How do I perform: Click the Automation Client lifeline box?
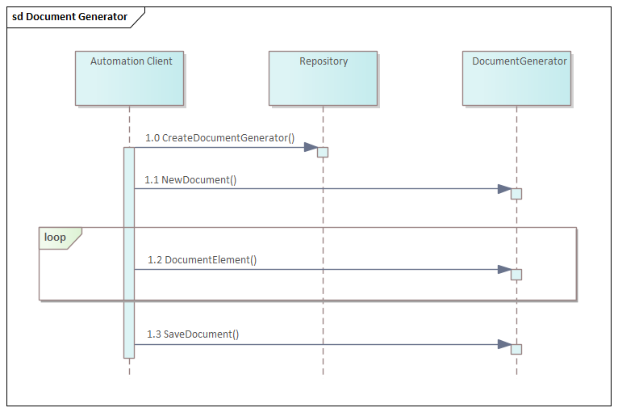(129, 78)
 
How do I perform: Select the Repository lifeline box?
(323, 78)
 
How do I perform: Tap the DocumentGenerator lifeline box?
(516, 78)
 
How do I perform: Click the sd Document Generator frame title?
(69, 17)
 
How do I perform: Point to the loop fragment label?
(56, 238)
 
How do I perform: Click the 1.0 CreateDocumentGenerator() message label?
(220, 138)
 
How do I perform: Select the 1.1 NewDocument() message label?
(190, 180)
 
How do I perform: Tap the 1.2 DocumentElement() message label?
(202, 260)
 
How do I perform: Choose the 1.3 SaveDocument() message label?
(193, 334)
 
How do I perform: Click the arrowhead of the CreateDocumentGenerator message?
(311, 147)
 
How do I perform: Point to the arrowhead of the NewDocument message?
(504, 189)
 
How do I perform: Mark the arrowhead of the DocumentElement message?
(504, 269)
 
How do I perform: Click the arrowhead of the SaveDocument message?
(504, 344)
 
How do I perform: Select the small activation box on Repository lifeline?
(323, 152)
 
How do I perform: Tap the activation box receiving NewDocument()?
(516, 194)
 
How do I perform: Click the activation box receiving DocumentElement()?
(516, 275)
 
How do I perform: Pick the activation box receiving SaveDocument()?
(516, 349)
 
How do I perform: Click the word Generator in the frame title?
(102, 17)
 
